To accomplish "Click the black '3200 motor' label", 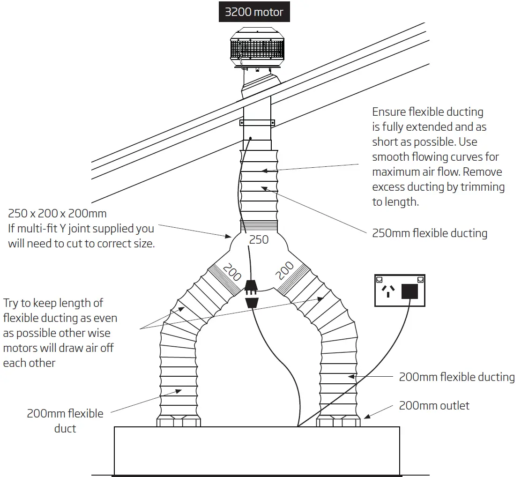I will pyautogui.click(x=254, y=12).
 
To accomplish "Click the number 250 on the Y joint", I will pyautogui.click(x=259, y=239).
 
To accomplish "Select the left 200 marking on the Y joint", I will pyautogui.click(x=232, y=272).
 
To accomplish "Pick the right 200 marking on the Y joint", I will pyautogui.click(x=285, y=271).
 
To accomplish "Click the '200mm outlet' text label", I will pyautogui.click(x=434, y=406).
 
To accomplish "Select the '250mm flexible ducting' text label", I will pyautogui.click(x=430, y=233).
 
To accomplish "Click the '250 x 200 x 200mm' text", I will pyautogui.click(x=57, y=214).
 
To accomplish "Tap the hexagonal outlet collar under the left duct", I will pyautogui.click(x=179, y=421).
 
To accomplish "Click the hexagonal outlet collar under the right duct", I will pyautogui.click(x=339, y=421).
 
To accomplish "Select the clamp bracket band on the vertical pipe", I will pyautogui.click(x=257, y=123).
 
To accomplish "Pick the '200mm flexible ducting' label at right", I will pyautogui.click(x=456, y=377).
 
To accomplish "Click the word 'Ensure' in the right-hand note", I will pyautogui.click(x=389, y=112).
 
